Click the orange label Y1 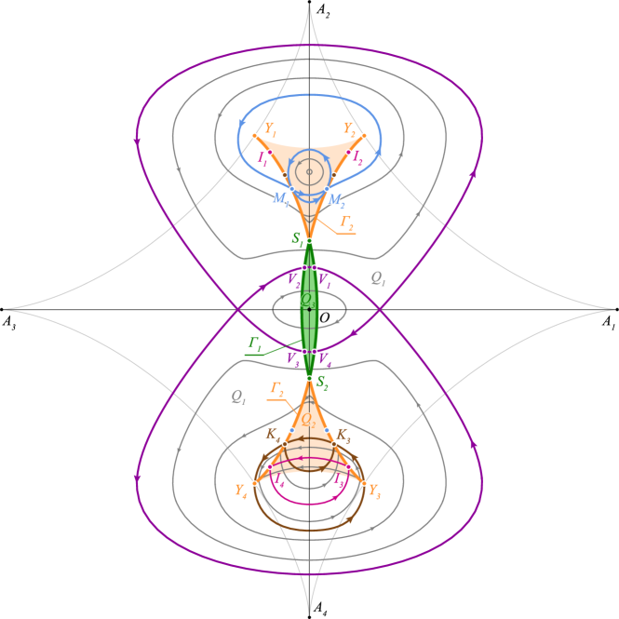click(x=270, y=128)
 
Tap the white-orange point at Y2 click(x=364, y=136)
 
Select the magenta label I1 click(x=263, y=160)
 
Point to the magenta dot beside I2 click(x=349, y=152)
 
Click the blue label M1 click(x=280, y=198)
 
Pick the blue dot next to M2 click(x=327, y=189)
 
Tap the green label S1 click(x=298, y=238)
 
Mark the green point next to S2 click(x=309, y=378)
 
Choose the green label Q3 click(x=308, y=299)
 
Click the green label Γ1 click(x=255, y=343)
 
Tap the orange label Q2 click(x=307, y=419)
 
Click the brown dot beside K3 click(x=327, y=430)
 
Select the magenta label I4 click(x=277, y=479)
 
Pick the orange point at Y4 click(x=254, y=483)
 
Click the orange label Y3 click(x=374, y=490)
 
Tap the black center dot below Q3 click(x=309, y=309)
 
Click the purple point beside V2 click(x=303, y=268)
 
